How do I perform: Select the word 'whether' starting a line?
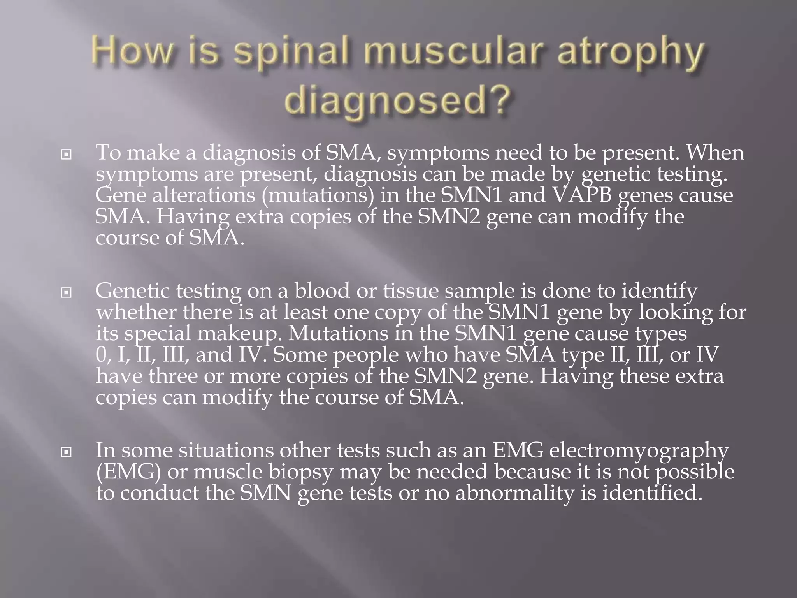click(136, 312)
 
